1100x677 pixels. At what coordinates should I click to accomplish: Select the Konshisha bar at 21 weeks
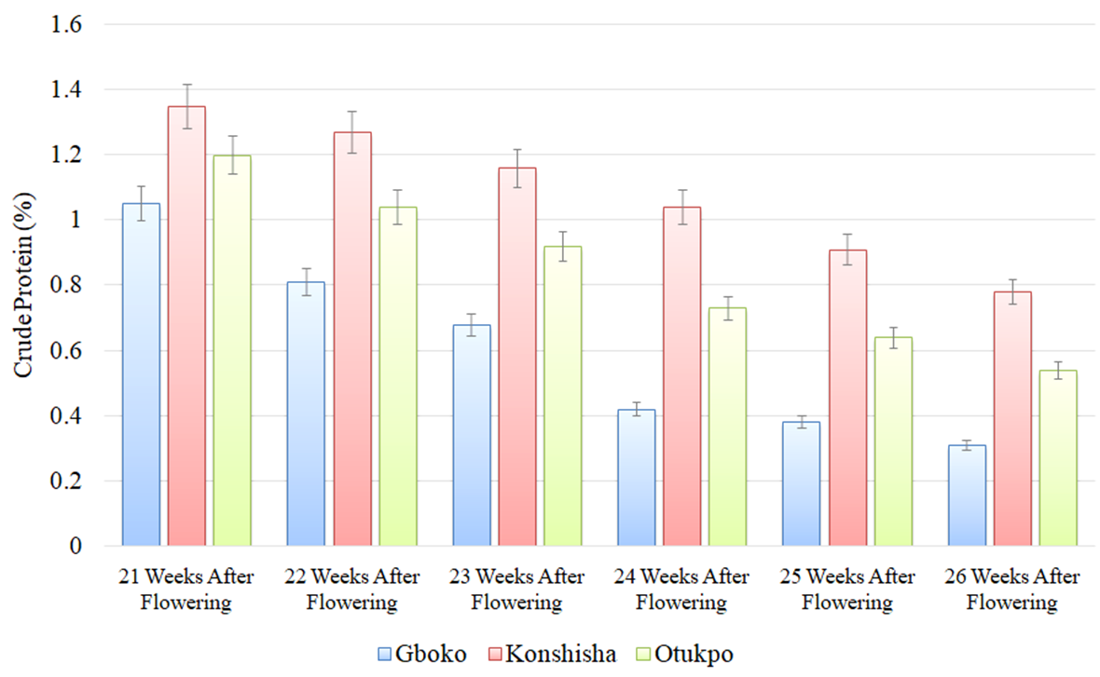pos(186,326)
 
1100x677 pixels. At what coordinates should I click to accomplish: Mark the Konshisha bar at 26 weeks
pos(1012,419)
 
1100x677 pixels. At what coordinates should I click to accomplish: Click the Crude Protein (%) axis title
pos(22,285)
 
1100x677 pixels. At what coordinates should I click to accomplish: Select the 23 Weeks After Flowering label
pos(516,589)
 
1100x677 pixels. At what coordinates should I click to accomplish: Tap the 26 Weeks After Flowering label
pos(1011,589)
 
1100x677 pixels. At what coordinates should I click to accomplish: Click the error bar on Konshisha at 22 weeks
pos(352,131)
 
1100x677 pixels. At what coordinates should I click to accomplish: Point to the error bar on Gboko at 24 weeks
pos(636,409)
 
